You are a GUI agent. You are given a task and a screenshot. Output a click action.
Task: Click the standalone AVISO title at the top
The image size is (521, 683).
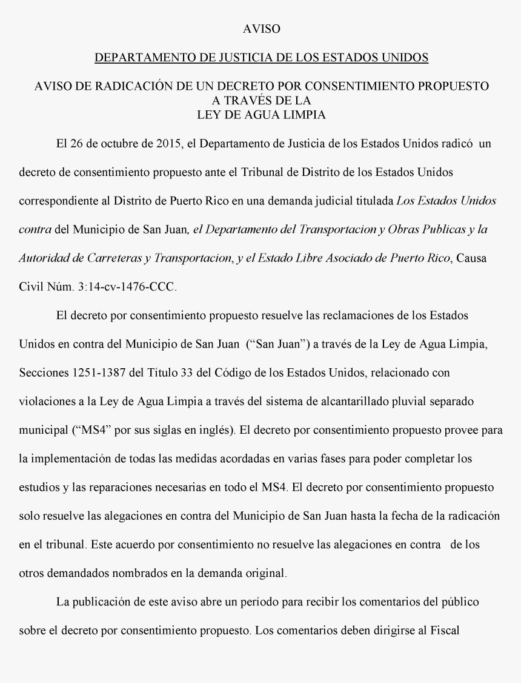[x=261, y=29]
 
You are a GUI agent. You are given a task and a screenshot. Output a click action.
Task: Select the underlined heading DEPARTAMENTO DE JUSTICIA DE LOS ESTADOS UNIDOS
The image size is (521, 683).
[x=262, y=58]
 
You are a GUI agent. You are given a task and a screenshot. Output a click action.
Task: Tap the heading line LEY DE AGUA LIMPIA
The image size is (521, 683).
[x=262, y=115]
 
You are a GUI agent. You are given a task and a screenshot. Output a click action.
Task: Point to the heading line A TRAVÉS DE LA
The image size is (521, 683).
[x=262, y=100]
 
